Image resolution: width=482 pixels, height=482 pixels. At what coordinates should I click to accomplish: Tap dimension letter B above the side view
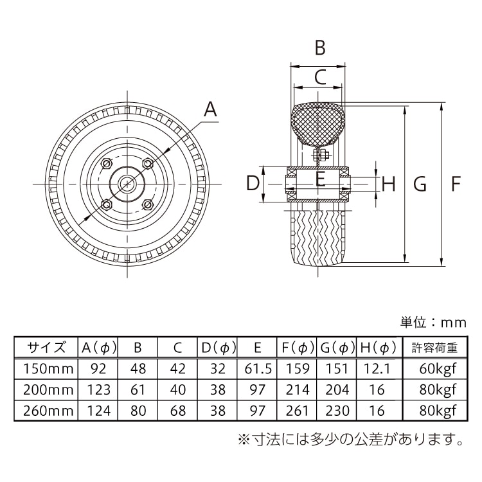click(x=319, y=48)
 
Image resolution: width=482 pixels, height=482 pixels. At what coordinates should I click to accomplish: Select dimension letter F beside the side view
click(x=456, y=184)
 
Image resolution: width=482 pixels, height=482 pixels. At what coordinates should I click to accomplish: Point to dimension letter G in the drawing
click(x=420, y=184)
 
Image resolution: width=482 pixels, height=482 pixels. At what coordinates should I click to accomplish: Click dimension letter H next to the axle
click(x=388, y=184)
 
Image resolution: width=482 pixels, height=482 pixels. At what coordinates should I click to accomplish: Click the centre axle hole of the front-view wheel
click(x=128, y=184)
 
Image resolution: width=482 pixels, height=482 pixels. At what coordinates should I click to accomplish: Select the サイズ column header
click(x=46, y=348)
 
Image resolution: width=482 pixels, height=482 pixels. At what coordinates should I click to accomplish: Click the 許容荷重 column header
click(x=434, y=348)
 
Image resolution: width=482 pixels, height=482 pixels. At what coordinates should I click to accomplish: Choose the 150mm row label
click(x=46, y=369)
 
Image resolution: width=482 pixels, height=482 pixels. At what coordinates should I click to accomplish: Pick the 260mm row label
click(x=46, y=410)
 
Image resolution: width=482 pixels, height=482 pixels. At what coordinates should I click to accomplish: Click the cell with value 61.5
click(x=257, y=369)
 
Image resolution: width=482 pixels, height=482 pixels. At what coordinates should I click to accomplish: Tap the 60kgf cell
click(x=434, y=369)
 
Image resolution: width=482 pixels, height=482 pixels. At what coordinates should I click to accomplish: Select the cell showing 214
click(x=298, y=389)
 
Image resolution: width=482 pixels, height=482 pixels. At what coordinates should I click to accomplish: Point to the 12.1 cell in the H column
click(x=378, y=369)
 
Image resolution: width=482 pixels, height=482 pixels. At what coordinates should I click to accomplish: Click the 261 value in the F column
click(x=298, y=410)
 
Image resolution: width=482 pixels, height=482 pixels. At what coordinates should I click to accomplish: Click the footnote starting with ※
click(x=351, y=440)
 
